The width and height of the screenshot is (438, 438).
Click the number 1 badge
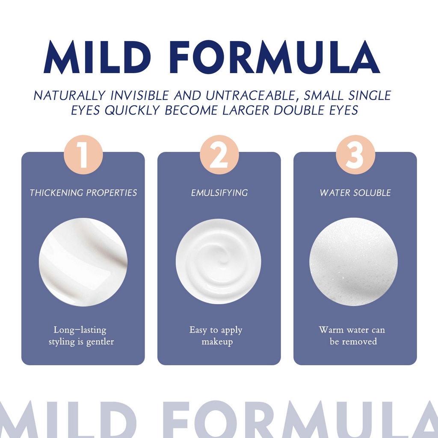click(x=83, y=155)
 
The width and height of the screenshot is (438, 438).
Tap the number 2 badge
click(x=219, y=155)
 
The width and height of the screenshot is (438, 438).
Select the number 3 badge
click(x=355, y=155)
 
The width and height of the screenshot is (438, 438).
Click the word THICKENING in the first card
click(x=56, y=193)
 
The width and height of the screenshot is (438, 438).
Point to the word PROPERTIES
click(x=112, y=193)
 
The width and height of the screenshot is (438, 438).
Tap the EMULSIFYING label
click(x=219, y=193)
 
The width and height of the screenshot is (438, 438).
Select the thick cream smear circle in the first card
click(x=83, y=262)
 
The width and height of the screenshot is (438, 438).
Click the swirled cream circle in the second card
click(x=219, y=261)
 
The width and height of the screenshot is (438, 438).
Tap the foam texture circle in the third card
click(x=353, y=262)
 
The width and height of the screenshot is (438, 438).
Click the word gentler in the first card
click(x=100, y=342)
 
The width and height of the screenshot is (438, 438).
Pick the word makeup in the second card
click(x=217, y=342)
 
